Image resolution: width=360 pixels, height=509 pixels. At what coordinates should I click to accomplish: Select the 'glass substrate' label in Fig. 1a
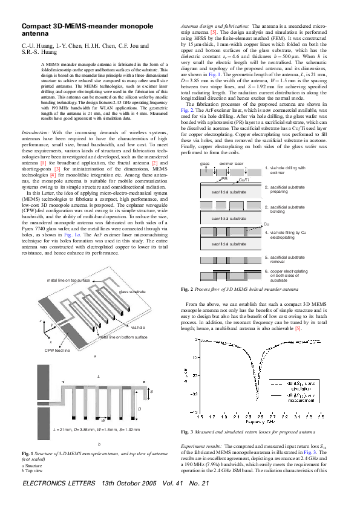(x=134, y=292)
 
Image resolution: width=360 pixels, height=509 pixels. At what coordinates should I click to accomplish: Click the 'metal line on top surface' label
(x=68, y=281)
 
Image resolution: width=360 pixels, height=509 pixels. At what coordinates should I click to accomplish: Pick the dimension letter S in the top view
(x=151, y=392)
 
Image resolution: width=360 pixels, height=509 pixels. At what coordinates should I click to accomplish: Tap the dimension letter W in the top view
(x=103, y=419)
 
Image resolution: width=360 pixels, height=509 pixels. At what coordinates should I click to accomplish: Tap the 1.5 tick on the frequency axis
(x=200, y=417)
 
